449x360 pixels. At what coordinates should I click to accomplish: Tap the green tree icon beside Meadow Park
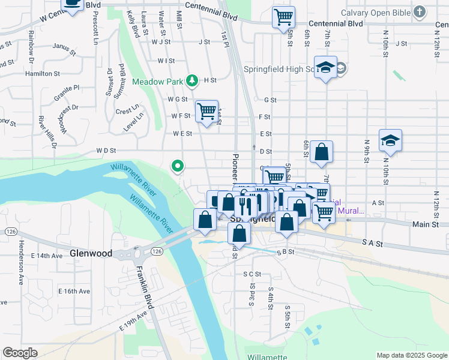[191, 80]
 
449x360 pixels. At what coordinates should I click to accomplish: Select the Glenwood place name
[91, 253]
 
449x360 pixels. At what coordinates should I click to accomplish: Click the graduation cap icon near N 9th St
[390, 141]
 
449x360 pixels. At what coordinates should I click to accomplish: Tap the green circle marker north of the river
[177, 165]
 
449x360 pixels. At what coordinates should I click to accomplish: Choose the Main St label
[426, 224]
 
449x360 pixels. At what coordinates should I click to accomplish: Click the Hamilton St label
[43, 74]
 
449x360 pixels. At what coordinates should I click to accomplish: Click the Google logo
[20, 353]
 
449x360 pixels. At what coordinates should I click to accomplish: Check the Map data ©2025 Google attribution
[411, 355]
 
